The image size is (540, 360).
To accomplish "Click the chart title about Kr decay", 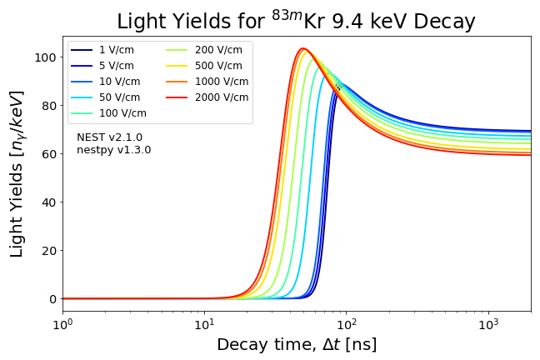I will click(296, 21).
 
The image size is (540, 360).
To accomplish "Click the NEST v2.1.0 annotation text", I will click(109, 137).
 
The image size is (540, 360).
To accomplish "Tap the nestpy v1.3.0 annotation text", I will click(113, 150).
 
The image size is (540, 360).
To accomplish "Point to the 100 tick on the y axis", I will click(47, 57).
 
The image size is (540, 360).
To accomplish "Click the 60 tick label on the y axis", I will click(50, 154).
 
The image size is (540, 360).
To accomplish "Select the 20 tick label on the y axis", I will click(50, 251).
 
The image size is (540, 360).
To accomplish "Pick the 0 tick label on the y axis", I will click(53, 299).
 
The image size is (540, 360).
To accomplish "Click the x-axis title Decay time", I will click(297, 345).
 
